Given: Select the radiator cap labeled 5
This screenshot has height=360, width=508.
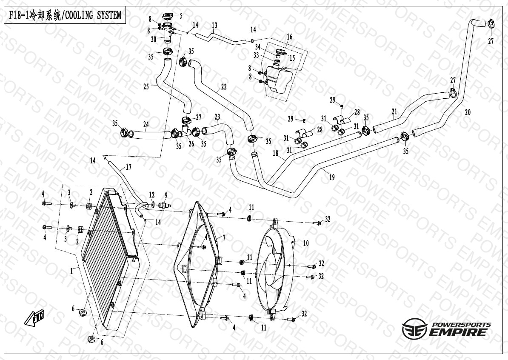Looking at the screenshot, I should (x=167, y=17).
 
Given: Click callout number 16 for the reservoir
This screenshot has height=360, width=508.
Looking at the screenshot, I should (x=289, y=37).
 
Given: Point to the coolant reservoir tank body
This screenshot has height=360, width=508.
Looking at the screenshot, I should (x=278, y=79).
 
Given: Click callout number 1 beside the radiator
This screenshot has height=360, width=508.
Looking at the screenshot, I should (x=73, y=269).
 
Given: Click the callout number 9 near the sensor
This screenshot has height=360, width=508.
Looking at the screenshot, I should (x=166, y=195).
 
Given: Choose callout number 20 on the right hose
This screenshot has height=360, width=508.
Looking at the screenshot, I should (x=468, y=112).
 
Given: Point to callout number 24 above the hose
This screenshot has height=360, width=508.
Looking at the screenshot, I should (x=146, y=125).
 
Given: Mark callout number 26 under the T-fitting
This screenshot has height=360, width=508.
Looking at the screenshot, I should (x=191, y=144).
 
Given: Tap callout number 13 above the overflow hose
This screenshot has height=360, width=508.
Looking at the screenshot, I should (x=214, y=26).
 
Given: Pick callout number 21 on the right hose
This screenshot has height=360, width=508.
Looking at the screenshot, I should (x=394, y=111).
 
